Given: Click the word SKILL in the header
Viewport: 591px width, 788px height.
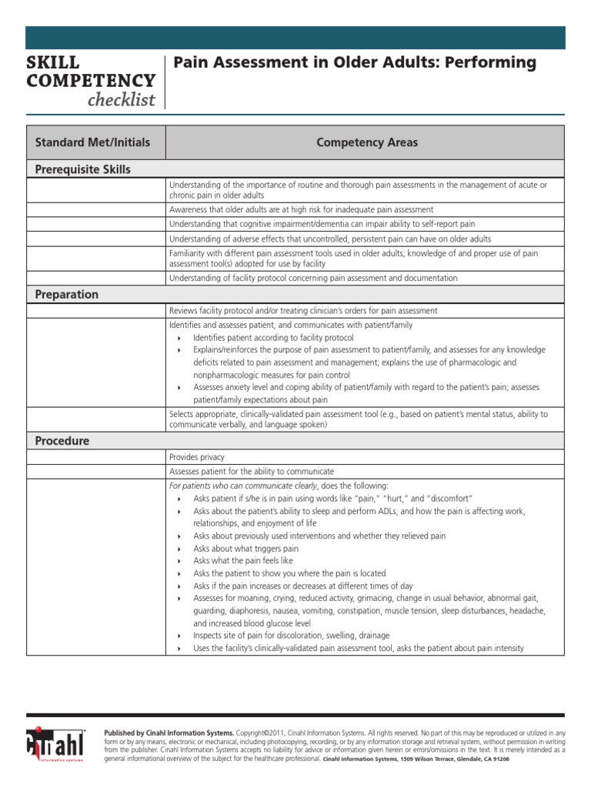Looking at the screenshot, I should pos(52,62).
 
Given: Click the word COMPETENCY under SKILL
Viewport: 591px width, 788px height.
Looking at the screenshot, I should pos(91,81).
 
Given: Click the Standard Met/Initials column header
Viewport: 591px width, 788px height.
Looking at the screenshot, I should pos(92,142).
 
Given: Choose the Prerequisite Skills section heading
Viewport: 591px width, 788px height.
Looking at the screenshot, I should pos(83,169).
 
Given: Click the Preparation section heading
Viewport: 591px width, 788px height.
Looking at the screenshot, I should pos(67,295).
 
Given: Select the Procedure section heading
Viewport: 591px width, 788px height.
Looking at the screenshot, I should pos(62,441).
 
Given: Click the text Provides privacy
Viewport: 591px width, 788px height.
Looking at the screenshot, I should pos(197,457).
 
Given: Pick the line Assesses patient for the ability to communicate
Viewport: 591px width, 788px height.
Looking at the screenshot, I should pos(252,471).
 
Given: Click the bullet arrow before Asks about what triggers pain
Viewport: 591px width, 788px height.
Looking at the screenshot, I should pos(179,549).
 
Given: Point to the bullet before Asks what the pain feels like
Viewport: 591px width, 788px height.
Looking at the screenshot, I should pos(179,562).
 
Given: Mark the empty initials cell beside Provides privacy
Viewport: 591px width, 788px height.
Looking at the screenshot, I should pos(95,457).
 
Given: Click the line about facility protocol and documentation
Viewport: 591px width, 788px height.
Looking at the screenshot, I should pos(313,278).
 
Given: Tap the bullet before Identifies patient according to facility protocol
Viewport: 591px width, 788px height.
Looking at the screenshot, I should pos(179,339).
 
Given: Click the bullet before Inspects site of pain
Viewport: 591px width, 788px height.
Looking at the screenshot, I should pos(179,636).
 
